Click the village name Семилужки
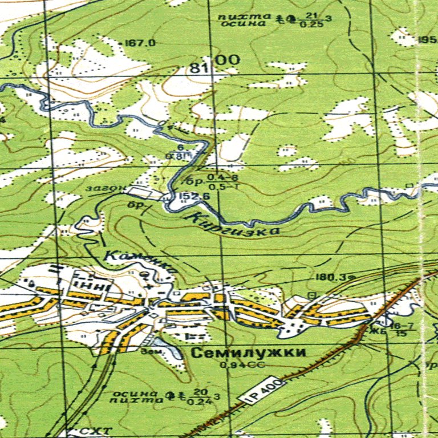pos(248,352)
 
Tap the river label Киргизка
pos(233,225)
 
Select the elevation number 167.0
pos(140,43)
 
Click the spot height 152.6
pos(193,197)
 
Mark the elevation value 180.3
pos(330,278)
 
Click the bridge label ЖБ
pos(375,330)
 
